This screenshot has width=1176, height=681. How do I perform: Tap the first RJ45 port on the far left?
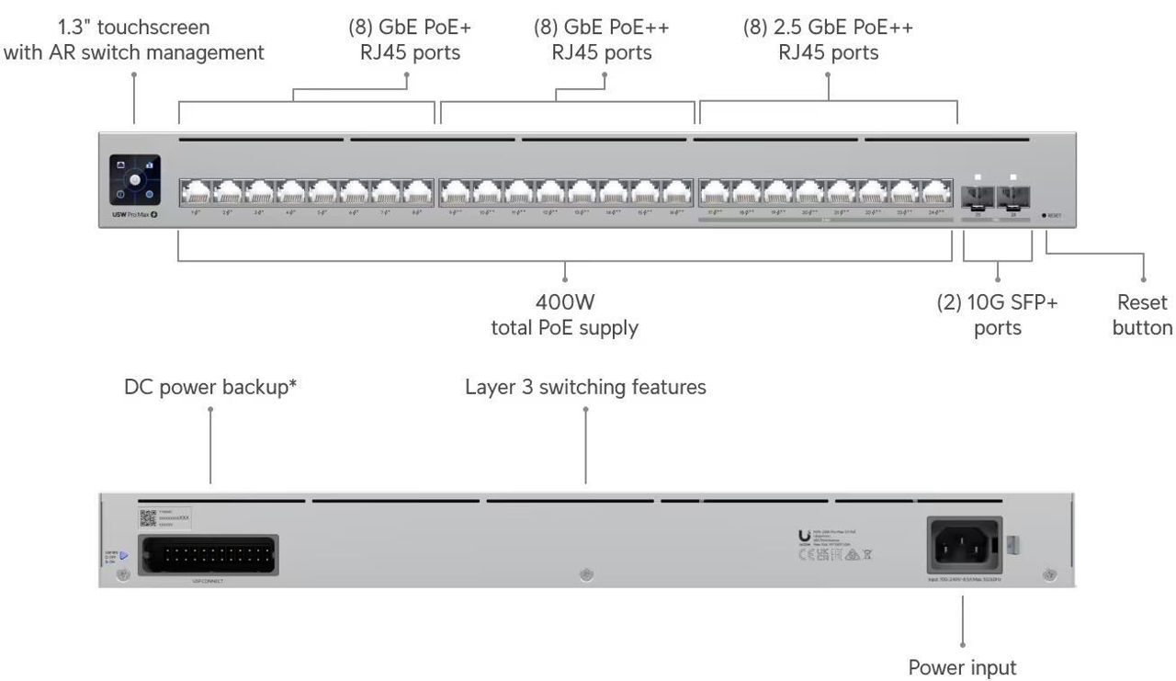[x=196, y=191]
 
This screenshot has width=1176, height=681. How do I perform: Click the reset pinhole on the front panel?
[x=1044, y=215]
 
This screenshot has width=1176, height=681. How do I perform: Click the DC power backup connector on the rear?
[x=220, y=555]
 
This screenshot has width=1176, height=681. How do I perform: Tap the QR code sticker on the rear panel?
[x=147, y=517]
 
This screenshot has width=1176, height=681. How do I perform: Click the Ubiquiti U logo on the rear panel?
[x=806, y=537]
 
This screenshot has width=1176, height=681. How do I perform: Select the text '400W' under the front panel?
[x=565, y=302]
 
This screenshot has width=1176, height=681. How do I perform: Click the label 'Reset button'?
[x=1142, y=314]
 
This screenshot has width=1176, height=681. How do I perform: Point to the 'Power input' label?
[x=962, y=666]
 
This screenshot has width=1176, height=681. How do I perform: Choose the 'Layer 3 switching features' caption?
[x=585, y=387]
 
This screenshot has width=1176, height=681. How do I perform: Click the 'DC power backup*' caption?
[x=210, y=387]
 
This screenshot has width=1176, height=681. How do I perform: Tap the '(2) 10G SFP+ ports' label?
[x=997, y=314]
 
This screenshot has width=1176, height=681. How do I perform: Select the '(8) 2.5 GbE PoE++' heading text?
[x=828, y=28]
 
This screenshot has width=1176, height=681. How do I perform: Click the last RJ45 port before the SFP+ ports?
[x=936, y=191]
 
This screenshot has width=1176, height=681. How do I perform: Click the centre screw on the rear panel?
[x=587, y=575]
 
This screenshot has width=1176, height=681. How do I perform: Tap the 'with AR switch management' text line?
[x=134, y=52]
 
